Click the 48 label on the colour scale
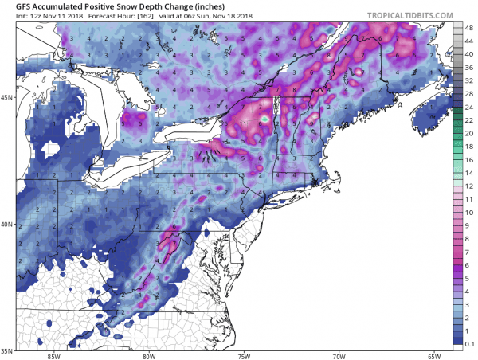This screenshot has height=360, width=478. pyautogui.click(x=468, y=27)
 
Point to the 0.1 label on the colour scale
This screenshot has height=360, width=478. pyautogui.click(x=469, y=343)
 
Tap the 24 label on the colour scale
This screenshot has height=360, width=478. pyautogui.click(x=468, y=108)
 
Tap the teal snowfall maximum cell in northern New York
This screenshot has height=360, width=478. pyautogui.click(x=265, y=119)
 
